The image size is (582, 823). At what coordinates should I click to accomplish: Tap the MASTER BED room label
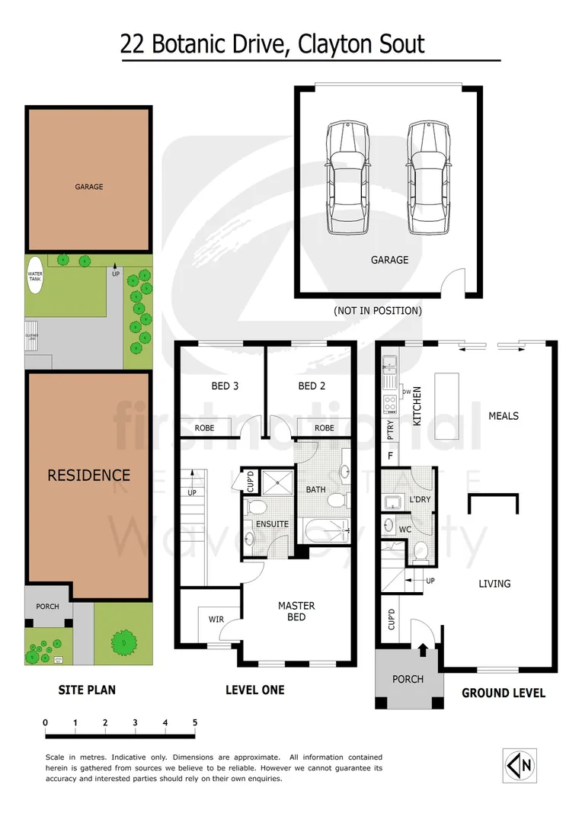click(x=296, y=611)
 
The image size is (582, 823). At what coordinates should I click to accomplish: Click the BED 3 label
click(x=225, y=386)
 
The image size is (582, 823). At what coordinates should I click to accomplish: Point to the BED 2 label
click(x=312, y=386)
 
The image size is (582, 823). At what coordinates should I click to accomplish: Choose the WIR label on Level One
click(x=216, y=620)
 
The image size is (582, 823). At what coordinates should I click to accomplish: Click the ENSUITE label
click(x=272, y=524)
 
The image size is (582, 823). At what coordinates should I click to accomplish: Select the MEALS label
click(x=504, y=416)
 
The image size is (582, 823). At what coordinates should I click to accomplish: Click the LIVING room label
click(x=494, y=584)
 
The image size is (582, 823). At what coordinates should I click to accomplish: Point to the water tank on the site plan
click(x=35, y=277)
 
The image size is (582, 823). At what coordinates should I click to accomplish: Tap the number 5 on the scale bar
click(x=195, y=722)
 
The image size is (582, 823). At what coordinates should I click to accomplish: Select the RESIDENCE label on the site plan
click(x=89, y=476)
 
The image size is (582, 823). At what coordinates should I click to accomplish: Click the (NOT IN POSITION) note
click(x=377, y=311)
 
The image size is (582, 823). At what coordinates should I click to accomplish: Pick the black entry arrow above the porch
click(x=423, y=649)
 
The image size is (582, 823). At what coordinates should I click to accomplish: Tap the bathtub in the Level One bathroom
click(x=323, y=528)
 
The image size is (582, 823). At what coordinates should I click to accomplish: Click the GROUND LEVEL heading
click(x=504, y=693)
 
